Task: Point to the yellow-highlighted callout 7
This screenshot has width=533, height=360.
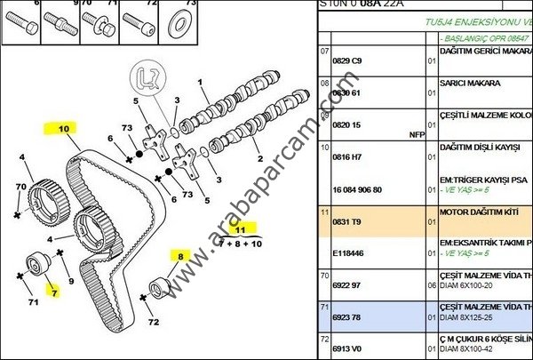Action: (x=53, y=292)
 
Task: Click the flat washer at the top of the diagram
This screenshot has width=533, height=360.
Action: (x=189, y=20)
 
